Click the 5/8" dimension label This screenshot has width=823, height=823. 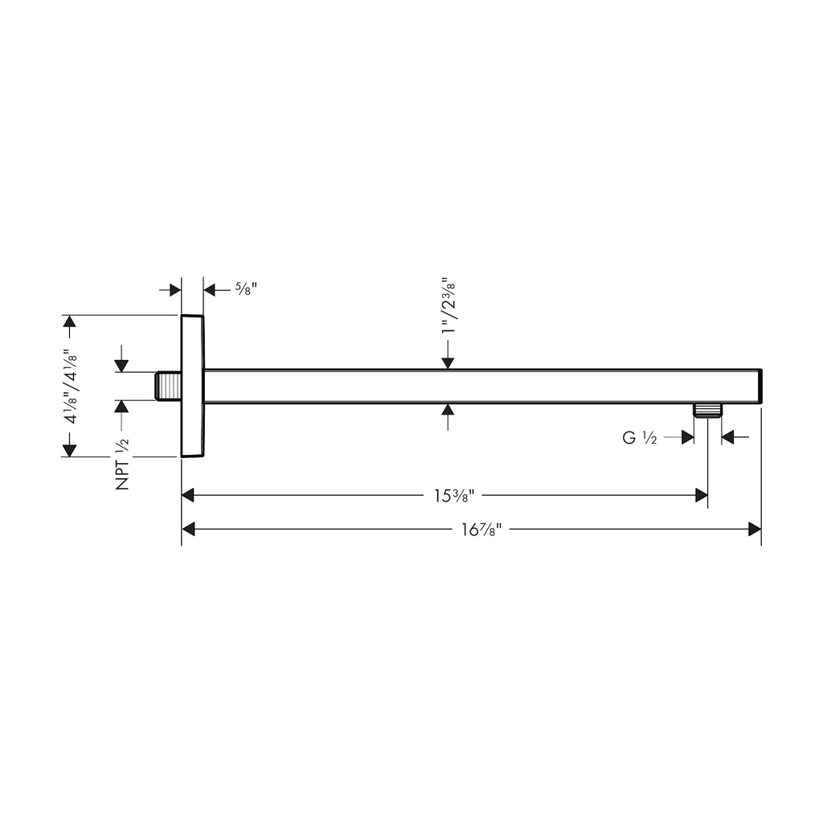[x=246, y=289]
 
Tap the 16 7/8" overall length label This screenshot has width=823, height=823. [x=482, y=529]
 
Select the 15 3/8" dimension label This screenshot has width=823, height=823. [x=455, y=495]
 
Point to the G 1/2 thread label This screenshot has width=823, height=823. [x=639, y=437]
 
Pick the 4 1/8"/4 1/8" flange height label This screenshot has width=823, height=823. [x=71, y=387]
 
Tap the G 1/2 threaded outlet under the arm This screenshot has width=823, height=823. [x=707, y=410]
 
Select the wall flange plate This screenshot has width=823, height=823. [x=192, y=387]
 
